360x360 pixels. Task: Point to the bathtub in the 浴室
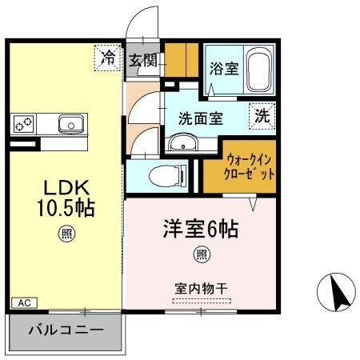point(259,70)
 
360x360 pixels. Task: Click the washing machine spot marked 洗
point(262,114)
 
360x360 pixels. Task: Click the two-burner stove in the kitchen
point(24,124)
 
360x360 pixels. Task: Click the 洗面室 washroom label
point(200,118)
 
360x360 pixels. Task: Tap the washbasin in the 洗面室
point(182,145)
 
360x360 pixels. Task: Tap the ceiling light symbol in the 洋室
point(201,255)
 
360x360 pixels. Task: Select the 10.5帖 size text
point(66,210)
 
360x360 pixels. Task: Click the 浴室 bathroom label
point(224,68)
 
